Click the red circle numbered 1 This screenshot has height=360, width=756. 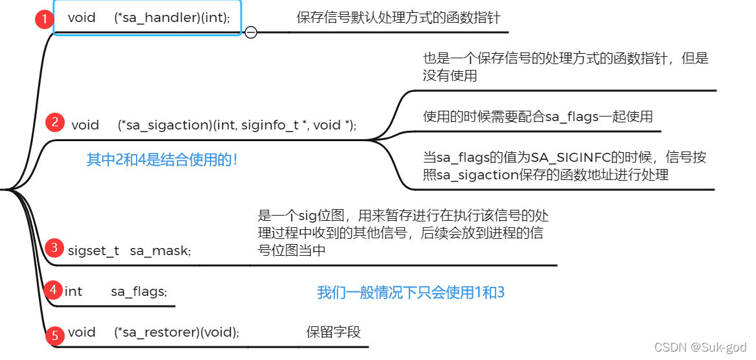tap(43, 19)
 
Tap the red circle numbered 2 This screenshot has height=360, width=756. tap(55, 122)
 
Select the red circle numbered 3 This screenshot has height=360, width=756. tap(55, 247)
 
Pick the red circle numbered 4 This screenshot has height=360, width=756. tap(53, 289)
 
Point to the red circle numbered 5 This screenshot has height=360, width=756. tap(55, 335)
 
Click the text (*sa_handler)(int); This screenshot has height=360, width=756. tap(172, 18)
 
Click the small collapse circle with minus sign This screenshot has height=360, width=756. tap(251, 32)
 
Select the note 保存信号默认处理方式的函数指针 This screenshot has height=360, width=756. tap(398, 17)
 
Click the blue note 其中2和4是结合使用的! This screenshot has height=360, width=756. tap(162, 159)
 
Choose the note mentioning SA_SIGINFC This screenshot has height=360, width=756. tap(564, 166)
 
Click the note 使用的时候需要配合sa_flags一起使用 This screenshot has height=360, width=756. tap(538, 117)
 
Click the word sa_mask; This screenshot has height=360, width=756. tap(160, 251)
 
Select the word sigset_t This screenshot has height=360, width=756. tap(93, 251)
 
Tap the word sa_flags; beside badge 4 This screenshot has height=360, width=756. tap(138, 291)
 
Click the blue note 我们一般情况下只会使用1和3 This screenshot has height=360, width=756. tap(411, 293)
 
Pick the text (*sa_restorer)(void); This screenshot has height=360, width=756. tap(177, 333)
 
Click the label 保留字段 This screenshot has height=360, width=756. tap(334, 332)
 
